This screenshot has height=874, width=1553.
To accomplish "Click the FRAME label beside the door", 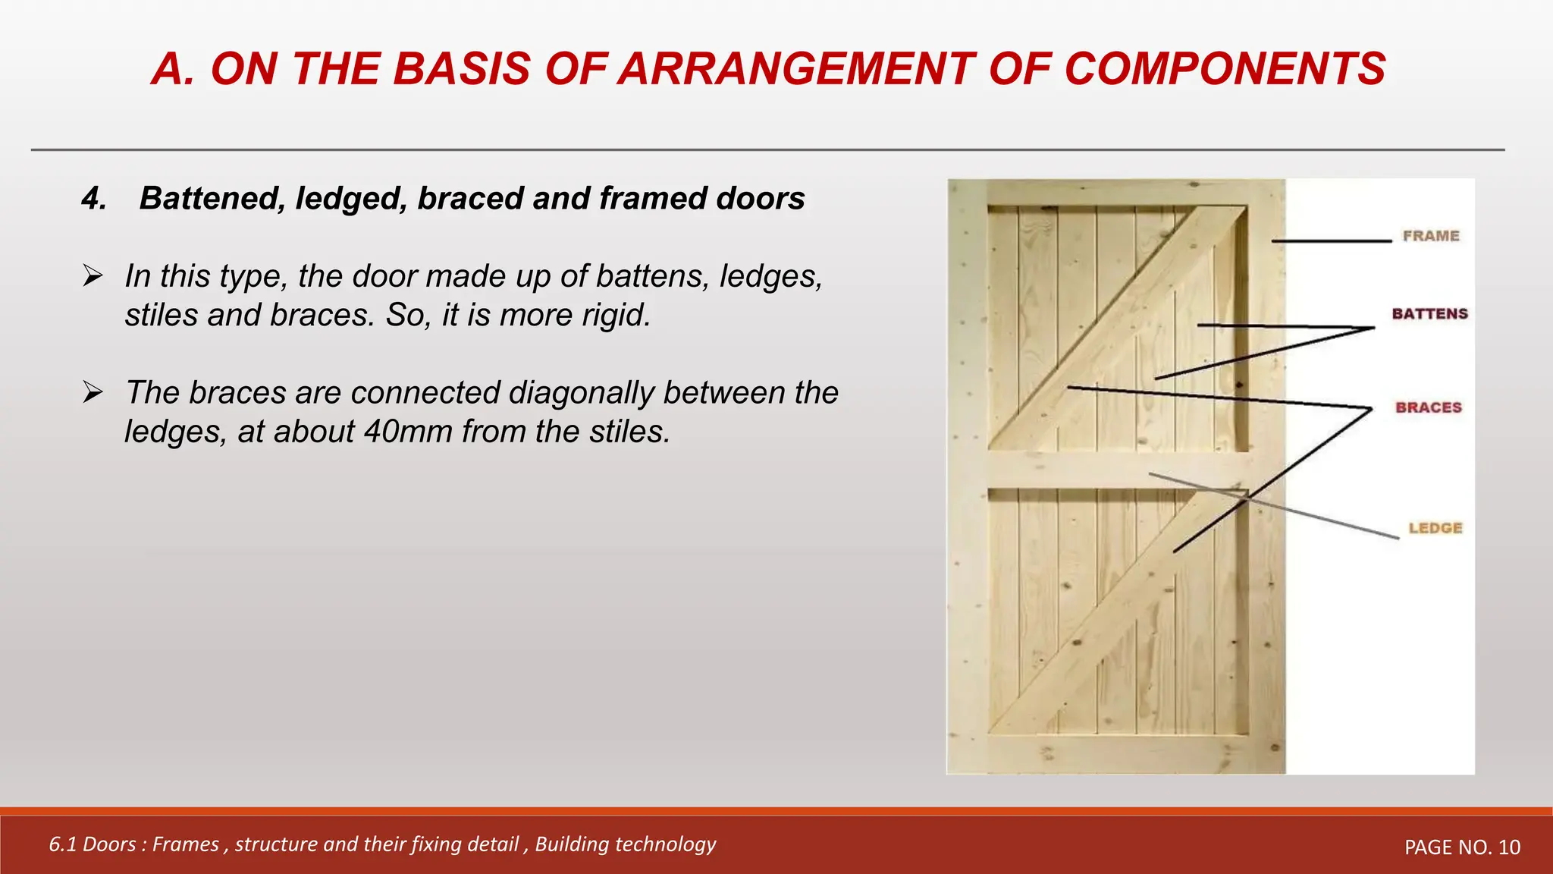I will tap(1430, 236).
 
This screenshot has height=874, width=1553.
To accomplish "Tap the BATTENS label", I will tap(1429, 314).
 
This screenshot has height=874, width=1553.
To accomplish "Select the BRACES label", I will tap(1428, 407).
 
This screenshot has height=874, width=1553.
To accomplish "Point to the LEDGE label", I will tap(1435, 528).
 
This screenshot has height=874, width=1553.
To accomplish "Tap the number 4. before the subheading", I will tap(94, 199).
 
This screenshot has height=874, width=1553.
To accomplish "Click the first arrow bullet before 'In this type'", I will tap(93, 275).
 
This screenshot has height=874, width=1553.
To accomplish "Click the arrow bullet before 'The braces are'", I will tap(93, 392).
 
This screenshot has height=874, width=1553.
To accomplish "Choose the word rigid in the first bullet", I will tap(616, 315).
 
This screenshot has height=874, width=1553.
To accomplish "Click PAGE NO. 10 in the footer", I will tap(1462, 847).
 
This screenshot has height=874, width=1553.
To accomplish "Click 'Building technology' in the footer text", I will tap(625, 844).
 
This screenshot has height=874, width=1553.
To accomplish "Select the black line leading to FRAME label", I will tap(1331, 241).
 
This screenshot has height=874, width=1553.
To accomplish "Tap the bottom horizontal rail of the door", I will tap(1115, 753).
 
